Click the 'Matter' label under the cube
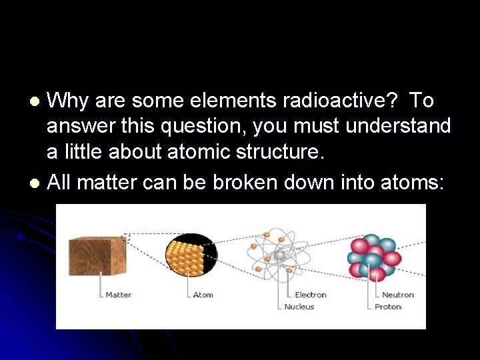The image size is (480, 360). (119, 295)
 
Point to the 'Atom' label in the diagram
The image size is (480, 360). (203, 295)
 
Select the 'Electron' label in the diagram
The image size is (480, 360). (311, 295)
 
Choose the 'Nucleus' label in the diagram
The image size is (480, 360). (299, 307)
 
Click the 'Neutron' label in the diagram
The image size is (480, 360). (398, 295)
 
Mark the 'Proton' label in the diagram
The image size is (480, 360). (388, 307)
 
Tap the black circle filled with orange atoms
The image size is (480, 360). (191, 257)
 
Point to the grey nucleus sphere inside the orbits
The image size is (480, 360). (280, 256)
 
